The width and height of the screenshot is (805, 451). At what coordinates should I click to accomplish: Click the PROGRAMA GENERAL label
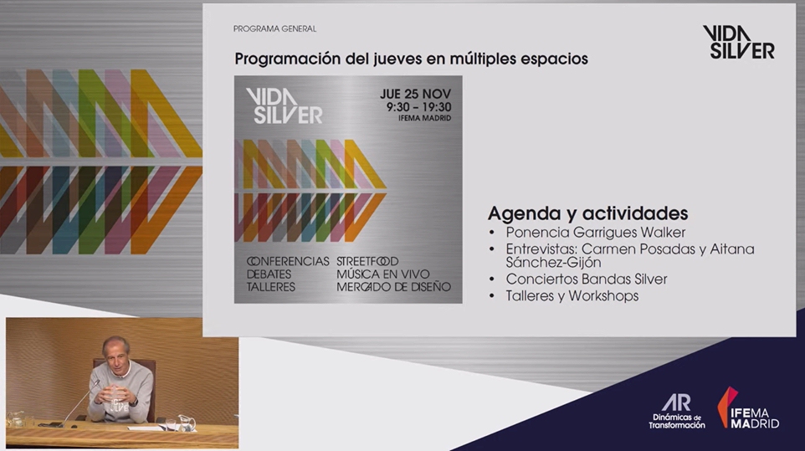274,28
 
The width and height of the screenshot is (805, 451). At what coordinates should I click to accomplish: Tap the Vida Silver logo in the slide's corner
739,42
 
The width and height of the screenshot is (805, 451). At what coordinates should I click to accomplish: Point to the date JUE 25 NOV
415,94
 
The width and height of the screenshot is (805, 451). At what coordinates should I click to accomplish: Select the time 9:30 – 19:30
419,107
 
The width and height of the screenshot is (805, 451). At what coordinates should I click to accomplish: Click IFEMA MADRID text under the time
424,118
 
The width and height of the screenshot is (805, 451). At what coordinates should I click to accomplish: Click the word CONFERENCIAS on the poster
288,261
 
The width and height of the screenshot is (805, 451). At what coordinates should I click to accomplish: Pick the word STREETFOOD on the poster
367,261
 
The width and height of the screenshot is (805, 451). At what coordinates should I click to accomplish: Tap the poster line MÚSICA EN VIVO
383,274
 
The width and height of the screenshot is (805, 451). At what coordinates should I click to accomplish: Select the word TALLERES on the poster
270,287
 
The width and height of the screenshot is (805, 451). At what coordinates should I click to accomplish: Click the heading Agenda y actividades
587,213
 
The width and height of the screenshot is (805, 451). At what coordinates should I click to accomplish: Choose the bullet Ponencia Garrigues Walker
596,233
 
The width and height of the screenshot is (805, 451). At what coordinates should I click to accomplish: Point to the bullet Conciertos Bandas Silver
587,279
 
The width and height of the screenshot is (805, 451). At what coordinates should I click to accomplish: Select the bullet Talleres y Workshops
572,296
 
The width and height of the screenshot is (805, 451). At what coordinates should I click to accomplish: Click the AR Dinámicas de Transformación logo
677,411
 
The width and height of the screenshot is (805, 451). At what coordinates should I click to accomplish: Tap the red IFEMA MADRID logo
748,407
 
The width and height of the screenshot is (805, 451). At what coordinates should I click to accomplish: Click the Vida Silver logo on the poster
284,105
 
